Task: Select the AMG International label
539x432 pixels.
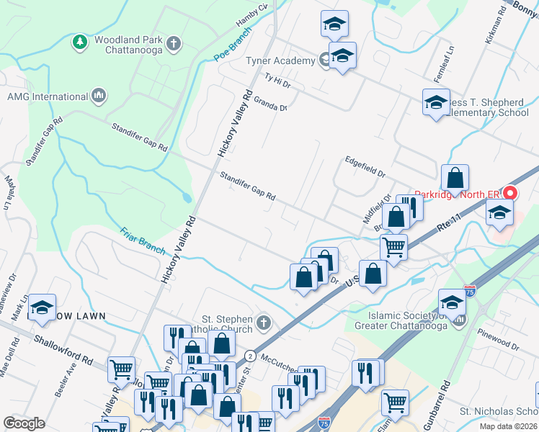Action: [47, 96]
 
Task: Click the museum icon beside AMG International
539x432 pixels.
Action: [99, 96]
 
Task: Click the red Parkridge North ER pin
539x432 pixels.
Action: [510, 193]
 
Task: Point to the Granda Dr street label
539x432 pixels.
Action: [270, 102]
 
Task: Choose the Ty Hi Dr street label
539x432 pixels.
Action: [277, 81]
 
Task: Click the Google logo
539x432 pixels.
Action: [24, 423]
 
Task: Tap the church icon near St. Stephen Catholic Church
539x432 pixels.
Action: [264, 322]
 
